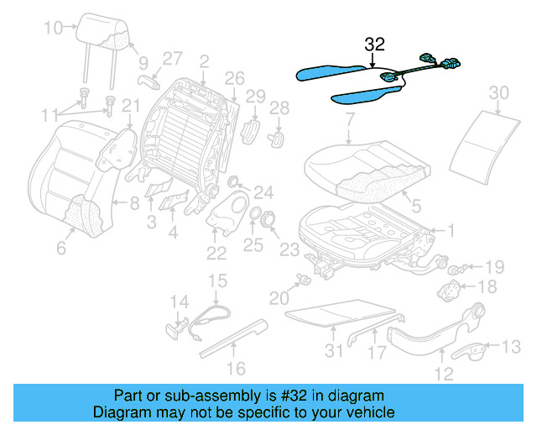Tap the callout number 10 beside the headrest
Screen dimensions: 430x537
point(53,29)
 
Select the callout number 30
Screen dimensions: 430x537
point(498,92)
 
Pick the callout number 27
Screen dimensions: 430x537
point(172,59)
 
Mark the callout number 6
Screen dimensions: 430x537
point(61,248)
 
